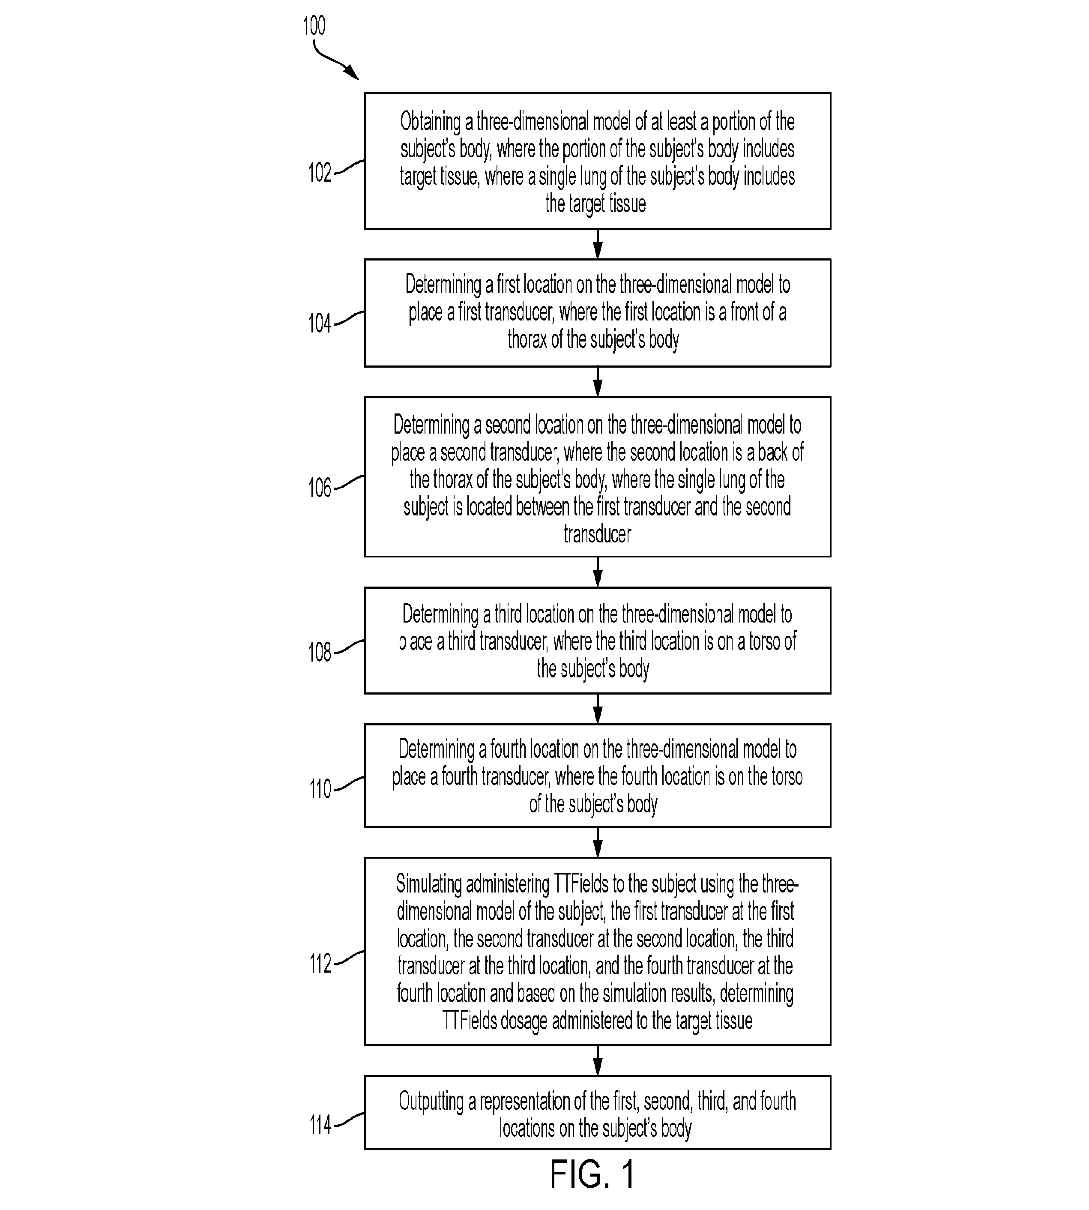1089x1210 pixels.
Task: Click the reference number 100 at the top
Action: coord(314,26)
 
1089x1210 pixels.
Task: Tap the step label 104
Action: coord(320,323)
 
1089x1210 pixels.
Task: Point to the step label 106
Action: coord(320,488)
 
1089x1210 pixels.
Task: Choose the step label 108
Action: coord(320,652)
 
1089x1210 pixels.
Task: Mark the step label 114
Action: coord(320,1125)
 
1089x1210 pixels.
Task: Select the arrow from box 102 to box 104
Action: coord(597,244)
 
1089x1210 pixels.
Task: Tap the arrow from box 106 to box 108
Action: coord(597,572)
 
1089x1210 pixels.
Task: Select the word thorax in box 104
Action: coord(527,339)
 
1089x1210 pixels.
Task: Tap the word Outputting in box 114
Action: coord(431,1101)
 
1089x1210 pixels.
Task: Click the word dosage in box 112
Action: coord(524,1021)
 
